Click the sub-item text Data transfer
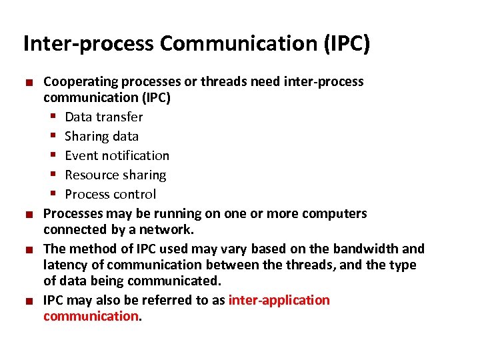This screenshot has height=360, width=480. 103,117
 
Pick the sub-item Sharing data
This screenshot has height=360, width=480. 101,137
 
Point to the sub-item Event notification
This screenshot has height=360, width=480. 117,156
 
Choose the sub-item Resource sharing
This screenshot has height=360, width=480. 115,175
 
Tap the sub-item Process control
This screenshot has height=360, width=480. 110,195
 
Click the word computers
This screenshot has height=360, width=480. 334,214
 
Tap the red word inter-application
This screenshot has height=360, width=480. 279,300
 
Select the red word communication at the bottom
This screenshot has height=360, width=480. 91,316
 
